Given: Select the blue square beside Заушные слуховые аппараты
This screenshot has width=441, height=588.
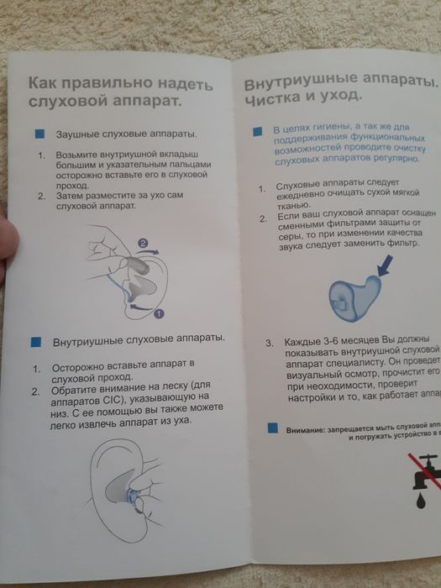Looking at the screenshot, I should pos(39,134).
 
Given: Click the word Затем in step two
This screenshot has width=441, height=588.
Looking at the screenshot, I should pos(72,197).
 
